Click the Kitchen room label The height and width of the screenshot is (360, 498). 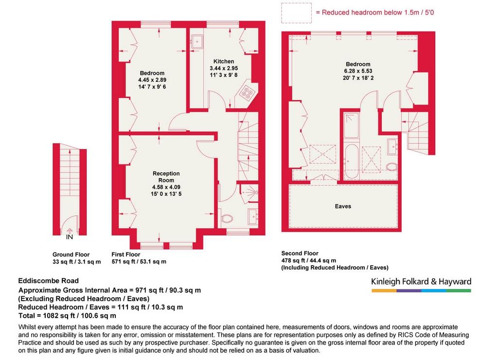click(224, 61)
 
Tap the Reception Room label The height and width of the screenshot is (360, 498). click(166, 177)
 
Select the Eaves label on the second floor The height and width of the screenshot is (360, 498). click(343, 206)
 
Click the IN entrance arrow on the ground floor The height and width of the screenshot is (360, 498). click(69, 231)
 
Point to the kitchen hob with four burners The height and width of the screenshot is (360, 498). click(248, 92)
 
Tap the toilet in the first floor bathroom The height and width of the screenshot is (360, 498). click(227, 218)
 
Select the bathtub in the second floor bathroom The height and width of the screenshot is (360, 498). click(351, 162)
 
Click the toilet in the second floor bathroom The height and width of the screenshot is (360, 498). click(392, 167)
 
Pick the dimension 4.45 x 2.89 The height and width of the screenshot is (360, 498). click(152, 80)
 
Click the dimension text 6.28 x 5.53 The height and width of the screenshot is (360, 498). click(358, 71)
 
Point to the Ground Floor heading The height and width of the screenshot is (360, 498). click(71, 254)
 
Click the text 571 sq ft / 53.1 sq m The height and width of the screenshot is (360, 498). click(139, 262)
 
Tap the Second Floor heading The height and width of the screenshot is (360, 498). click(300, 253)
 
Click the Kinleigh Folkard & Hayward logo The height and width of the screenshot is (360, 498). click(421, 285)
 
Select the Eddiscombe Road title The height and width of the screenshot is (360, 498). click(48, 281)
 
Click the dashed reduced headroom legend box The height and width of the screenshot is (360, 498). click(296, 13)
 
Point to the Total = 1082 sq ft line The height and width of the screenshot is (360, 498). click(67, 316)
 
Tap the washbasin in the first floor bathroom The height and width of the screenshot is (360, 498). click(253, 216)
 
